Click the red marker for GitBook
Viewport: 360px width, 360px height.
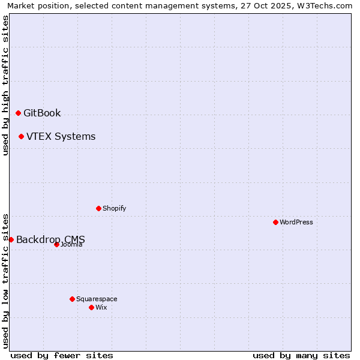coord(18,113)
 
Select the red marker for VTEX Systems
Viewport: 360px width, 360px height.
coord(21,136)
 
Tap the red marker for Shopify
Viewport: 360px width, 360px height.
coord(98,208)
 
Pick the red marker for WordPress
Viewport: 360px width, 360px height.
coord(275,222)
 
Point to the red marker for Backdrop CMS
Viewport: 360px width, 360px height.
coord(11,239)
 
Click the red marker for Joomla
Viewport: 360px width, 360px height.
coord(56,244)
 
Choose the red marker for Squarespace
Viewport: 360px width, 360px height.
coord(72,299)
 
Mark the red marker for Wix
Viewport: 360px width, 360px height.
coord(91,307)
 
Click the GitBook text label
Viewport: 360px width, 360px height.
coord(42,113)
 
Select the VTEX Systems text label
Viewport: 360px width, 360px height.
coord(61,136)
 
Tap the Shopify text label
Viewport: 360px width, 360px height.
coord(114,208)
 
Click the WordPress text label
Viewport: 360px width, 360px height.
coord(296,222)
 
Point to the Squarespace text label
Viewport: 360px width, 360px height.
coord(97,299)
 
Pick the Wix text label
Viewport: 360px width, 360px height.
coord(101,307)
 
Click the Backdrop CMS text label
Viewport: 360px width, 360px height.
coord(50,239)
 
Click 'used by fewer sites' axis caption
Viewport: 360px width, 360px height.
coord(62,355)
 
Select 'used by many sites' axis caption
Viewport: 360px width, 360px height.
coord(301,355)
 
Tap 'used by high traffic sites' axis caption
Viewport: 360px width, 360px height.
coord(5,85)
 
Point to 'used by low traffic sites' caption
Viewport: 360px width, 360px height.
coord(5,280)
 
